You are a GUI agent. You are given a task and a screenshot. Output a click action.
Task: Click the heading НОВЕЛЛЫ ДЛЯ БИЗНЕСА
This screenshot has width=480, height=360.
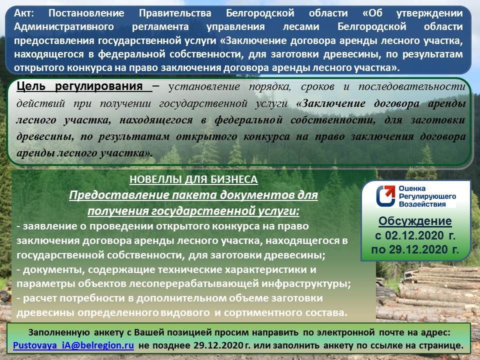click(193, 179)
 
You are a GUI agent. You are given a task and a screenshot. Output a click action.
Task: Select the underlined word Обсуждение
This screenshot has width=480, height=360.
click(415, 221)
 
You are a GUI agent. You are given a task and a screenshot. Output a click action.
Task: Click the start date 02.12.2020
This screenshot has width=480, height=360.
click(420, 235)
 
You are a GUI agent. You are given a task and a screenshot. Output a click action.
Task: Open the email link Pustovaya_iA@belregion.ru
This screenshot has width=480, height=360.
click(73, 345)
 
